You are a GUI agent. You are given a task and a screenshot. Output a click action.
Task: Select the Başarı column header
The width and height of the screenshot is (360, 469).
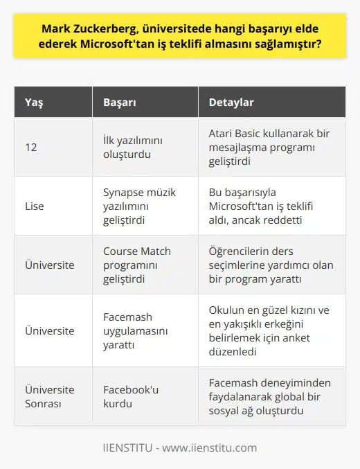click(120, 103)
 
